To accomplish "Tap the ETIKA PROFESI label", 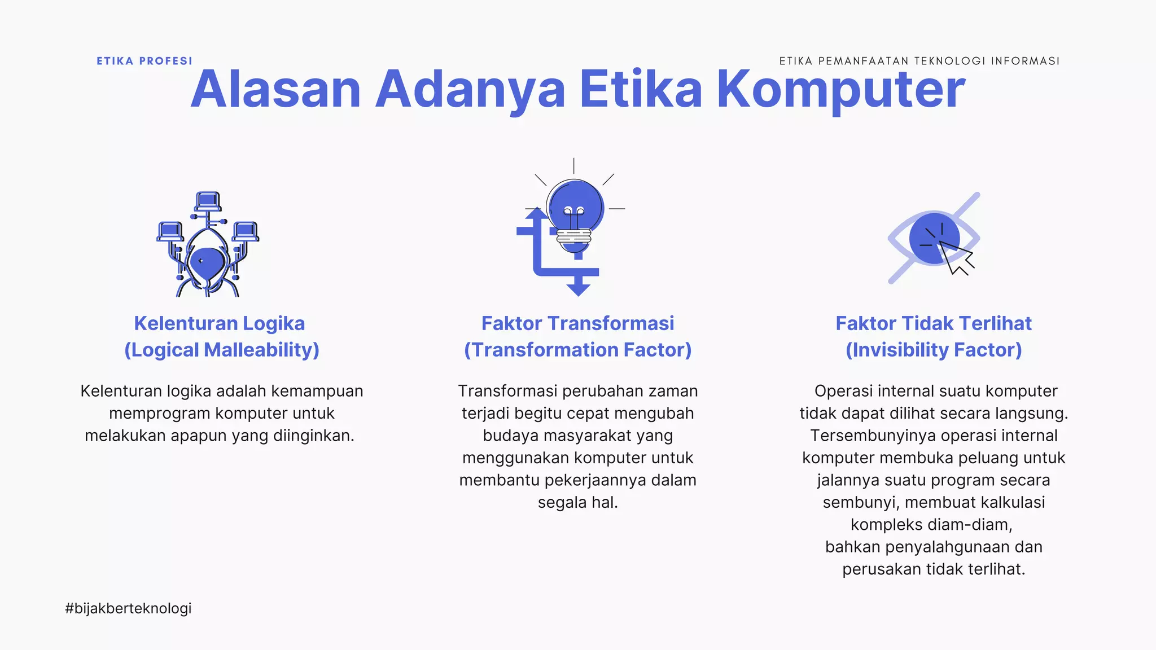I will click(x=144, y=61).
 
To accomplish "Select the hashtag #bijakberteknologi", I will click(x=128, y=608).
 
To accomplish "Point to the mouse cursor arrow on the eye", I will click(x=956, y=258).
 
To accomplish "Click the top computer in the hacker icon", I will click(x=208, y=201).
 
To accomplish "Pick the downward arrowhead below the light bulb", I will click(x=578, y=288).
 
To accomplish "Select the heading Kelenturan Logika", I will click(x=220, y=323).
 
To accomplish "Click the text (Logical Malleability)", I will click(x=222, y=350).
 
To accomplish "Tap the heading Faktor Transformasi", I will click(x=577, y=323).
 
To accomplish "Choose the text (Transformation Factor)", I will click(x=577, y=350).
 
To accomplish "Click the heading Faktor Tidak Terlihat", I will click(x=934, y=323).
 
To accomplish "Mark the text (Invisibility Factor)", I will click(x=934, y=350).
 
